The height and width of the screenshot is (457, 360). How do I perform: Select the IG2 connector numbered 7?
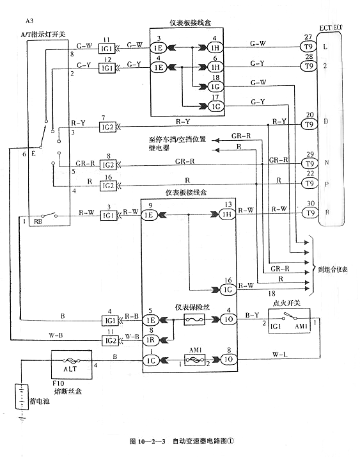tap(107, 127)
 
